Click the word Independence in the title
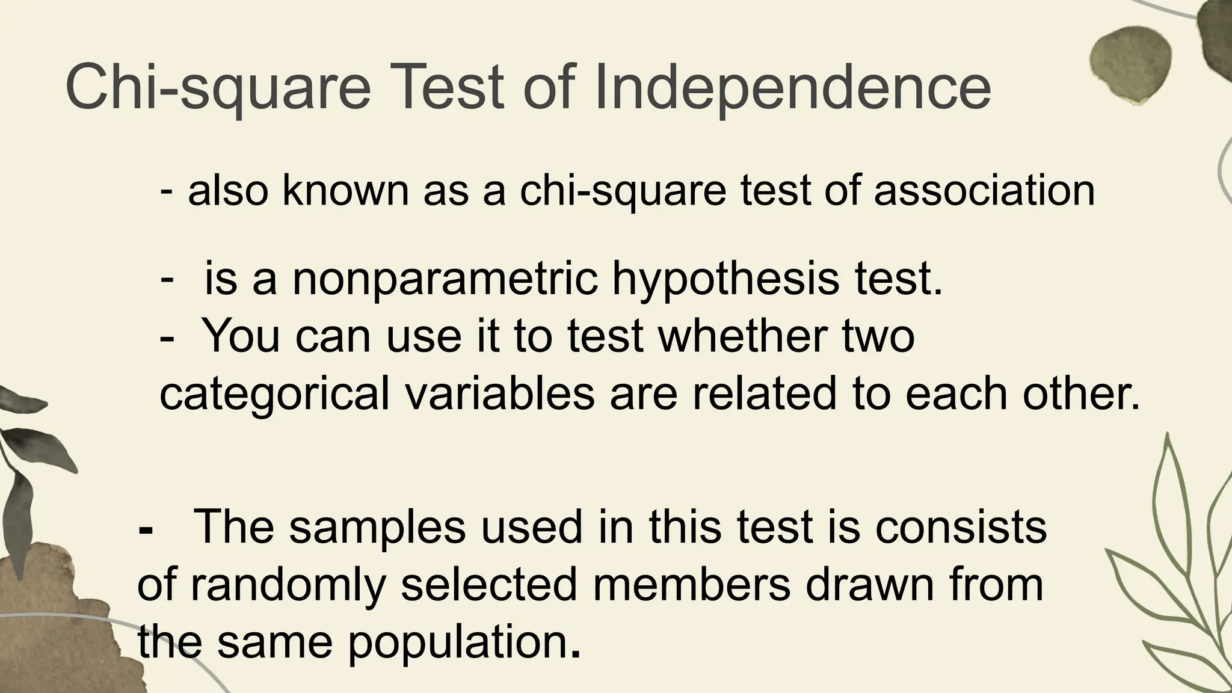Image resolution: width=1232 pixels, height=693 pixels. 792,88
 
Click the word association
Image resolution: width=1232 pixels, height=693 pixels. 984,191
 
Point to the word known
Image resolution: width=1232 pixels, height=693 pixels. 345,191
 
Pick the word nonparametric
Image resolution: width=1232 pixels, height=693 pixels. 446,280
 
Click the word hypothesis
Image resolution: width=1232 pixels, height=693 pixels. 725,280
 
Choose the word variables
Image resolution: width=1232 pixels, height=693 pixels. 499,394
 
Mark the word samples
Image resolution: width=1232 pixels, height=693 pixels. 377,527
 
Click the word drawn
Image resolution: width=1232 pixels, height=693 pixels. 870,585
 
